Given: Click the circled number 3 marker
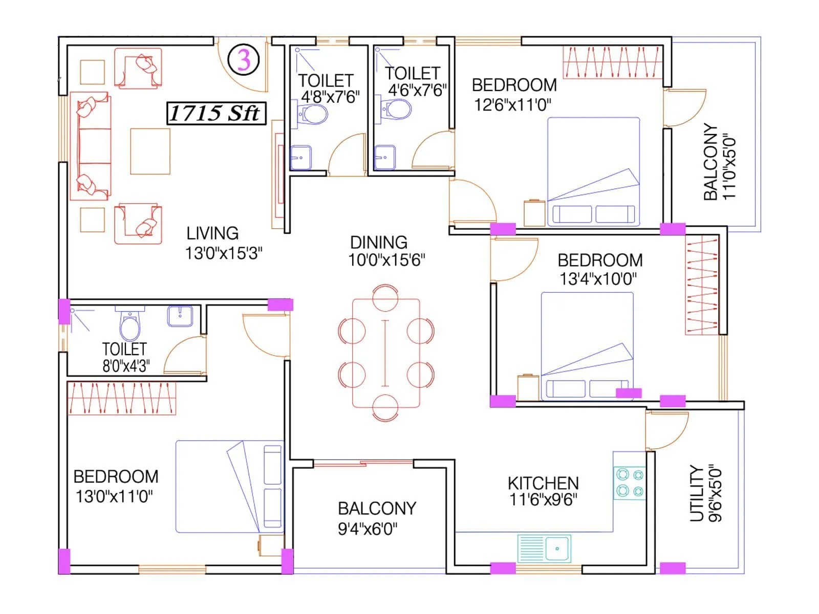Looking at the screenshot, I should (x=244, y=60).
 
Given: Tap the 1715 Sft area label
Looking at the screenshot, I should (x=216, y=113).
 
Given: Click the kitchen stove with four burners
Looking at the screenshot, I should (x=630, y=483).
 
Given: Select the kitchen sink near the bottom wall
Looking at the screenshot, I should (x=544, y=549).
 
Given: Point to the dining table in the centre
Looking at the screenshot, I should (x=386, y=353).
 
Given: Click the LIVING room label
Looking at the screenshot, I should (x=212, y=233).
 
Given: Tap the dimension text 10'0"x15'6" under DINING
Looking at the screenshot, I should (x=386, y=260).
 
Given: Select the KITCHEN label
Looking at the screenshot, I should (x=543, y=483).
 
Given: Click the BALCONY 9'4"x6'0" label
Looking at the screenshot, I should (x=377, y=508).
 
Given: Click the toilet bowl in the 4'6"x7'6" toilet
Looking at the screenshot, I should (x=398, y=109).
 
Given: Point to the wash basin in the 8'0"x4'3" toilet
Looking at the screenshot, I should (x=180, y=316).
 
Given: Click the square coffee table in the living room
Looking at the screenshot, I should (x=150, y=151).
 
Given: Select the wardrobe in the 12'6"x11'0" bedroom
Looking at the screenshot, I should (x=613, y=62).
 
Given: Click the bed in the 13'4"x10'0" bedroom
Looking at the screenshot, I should (x=587, y=345).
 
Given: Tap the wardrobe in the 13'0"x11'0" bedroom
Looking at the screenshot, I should (x=122, y=398).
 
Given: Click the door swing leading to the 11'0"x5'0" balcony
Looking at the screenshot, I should (x=685, y=107).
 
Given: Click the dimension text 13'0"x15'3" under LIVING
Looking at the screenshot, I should (x=224, y=253).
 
